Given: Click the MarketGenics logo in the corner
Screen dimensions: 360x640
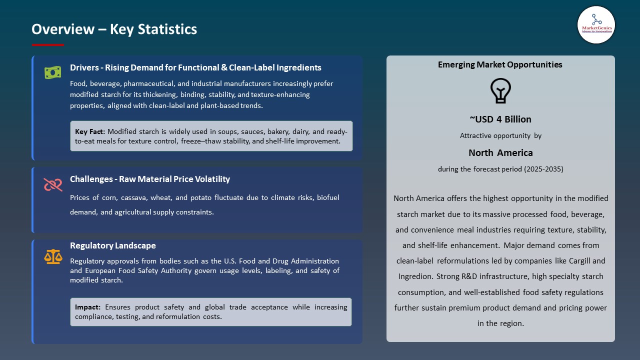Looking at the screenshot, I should (x=596, y=24).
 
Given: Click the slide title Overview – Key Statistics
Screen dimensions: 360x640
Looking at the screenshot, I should (x=114, y=29).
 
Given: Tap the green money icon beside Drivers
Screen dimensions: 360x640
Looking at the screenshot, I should (x=52, y=72).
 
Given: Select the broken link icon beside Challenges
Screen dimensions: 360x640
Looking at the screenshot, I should (x=52, y=184).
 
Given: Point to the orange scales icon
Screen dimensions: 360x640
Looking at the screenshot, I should (x=53, y=256).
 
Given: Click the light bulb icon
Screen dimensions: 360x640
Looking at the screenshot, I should (x=500, y=91).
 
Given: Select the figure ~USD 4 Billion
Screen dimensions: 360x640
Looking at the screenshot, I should (x=500, y=119).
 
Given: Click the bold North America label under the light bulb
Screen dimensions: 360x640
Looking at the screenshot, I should (x=500, y=152).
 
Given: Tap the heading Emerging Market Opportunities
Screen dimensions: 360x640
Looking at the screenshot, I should (x=500, y=64).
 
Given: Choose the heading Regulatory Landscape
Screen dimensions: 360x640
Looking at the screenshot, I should (x=112, y=245).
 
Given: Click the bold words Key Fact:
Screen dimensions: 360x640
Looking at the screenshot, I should (x=90, y=131).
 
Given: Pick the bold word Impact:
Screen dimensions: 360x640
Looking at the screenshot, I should (x=88, y=307).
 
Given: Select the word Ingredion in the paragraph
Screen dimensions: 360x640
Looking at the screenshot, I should (x=416, y=276).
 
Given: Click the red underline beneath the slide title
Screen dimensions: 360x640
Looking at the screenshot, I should (x=48, y=45).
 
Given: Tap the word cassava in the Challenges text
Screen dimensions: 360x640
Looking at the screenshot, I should (x=135, y=197).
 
